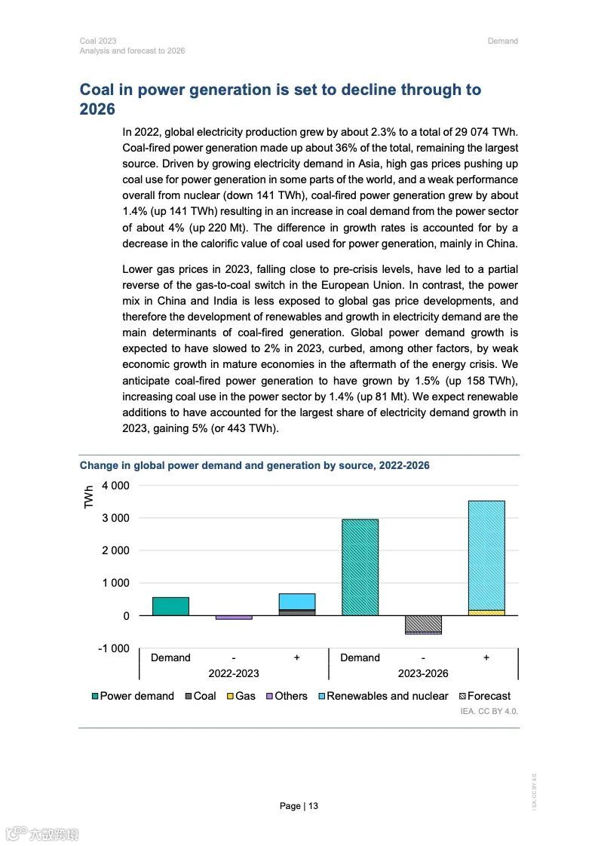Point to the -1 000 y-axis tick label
click(114, 648)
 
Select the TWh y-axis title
click(89, 497)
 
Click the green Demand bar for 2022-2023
click(170, 606)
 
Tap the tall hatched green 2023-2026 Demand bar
click(360, 567)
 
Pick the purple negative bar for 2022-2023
click(234, 618)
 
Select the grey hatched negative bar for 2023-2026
click(423, 624)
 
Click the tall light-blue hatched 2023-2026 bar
click(486, 555)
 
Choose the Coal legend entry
click(201, 696)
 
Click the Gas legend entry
click(241, 696)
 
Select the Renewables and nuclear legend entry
click(383, 696)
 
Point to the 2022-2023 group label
click(234, 673)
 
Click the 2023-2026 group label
click(423, 673)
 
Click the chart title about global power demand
click(254, 465)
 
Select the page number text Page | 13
click(299, 806)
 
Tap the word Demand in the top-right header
click(502, 41)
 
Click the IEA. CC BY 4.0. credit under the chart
click(489, 711)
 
